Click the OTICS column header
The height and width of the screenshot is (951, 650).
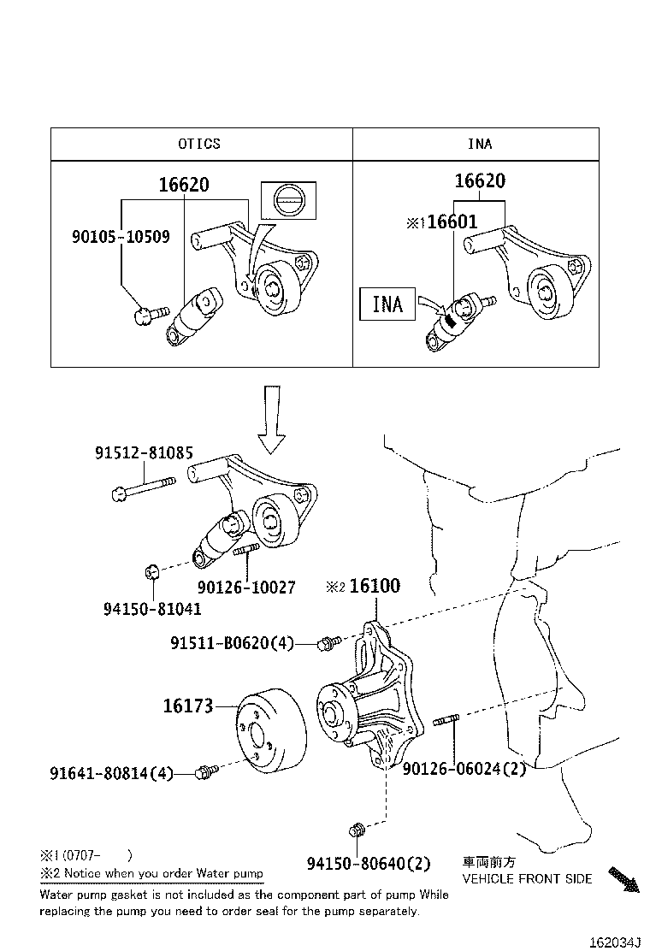(199, 144)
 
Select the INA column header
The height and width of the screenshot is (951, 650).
(479, 144)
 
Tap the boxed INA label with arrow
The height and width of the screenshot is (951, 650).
(387, 303)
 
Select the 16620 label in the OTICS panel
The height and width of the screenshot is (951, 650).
(184, 184)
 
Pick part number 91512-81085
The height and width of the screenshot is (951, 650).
(144, 452)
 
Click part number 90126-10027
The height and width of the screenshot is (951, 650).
(246, 588)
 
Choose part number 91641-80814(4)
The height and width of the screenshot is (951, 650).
(111, 773)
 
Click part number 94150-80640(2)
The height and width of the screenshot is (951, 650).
(369, 864)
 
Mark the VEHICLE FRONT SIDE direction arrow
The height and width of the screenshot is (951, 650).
(623, 879)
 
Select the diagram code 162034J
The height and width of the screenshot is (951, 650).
(614, 942)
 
